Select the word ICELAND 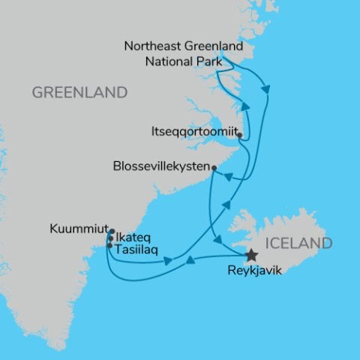click(x=298, y=243)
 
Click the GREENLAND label click(x=79, y=93)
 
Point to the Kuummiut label click(x=77, y=225)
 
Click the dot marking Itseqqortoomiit click(x=239, y=136)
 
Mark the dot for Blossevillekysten click(x=214, y=167)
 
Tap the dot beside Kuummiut click(x=110, y=230)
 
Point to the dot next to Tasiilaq click(x=109, y=245)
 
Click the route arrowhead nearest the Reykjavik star click(x=220, y=241)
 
